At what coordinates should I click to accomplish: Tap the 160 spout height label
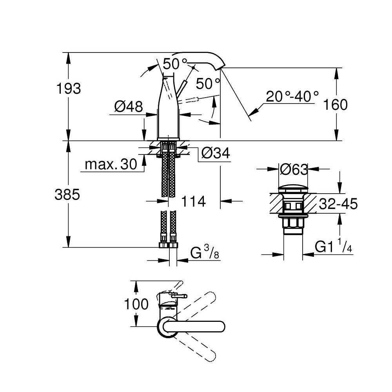pos(336,105)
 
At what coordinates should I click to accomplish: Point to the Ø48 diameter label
pos(129,107)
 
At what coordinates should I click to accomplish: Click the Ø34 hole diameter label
pos(215,153)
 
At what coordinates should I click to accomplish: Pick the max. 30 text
pos(111,164)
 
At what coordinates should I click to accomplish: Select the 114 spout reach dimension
pos(193,201)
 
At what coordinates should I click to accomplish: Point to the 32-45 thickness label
pos(338,204)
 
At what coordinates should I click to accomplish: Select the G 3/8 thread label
pos(204,254)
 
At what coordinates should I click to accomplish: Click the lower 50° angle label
pos(208,83)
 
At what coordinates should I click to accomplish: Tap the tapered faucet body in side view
pos(169,106)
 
